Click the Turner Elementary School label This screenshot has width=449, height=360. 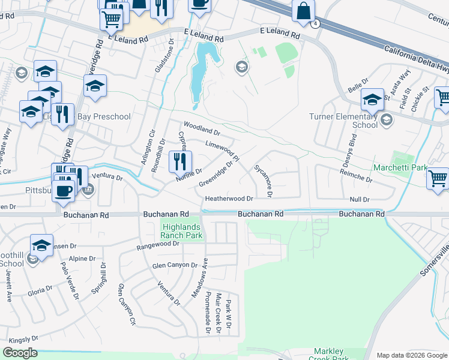pos(343,121)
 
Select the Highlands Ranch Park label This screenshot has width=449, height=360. pos(182,232)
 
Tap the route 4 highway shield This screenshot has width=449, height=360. pos(316,23)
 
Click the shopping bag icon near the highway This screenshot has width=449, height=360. pos(304,10)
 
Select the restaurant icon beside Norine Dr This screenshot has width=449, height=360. pos(179,161)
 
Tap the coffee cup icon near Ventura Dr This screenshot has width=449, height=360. pos(63,191)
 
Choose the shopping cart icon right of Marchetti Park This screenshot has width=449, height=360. pos(438,178)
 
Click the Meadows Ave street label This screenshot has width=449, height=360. pos(204,278)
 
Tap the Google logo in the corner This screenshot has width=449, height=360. pos(20,353)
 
